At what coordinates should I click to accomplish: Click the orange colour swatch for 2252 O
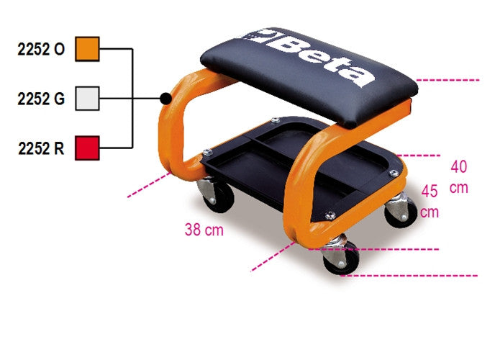pos(88,49)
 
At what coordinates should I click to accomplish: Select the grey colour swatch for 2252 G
pos(88,97)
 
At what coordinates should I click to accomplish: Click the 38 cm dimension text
pos(204,230)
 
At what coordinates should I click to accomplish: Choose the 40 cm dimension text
pos(459,177)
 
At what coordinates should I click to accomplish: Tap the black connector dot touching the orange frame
pos(166,97)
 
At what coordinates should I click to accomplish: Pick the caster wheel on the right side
pos(400,212)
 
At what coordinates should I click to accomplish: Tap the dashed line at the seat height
pos(446,79)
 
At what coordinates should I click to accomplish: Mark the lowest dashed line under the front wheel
pos(410,275)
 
